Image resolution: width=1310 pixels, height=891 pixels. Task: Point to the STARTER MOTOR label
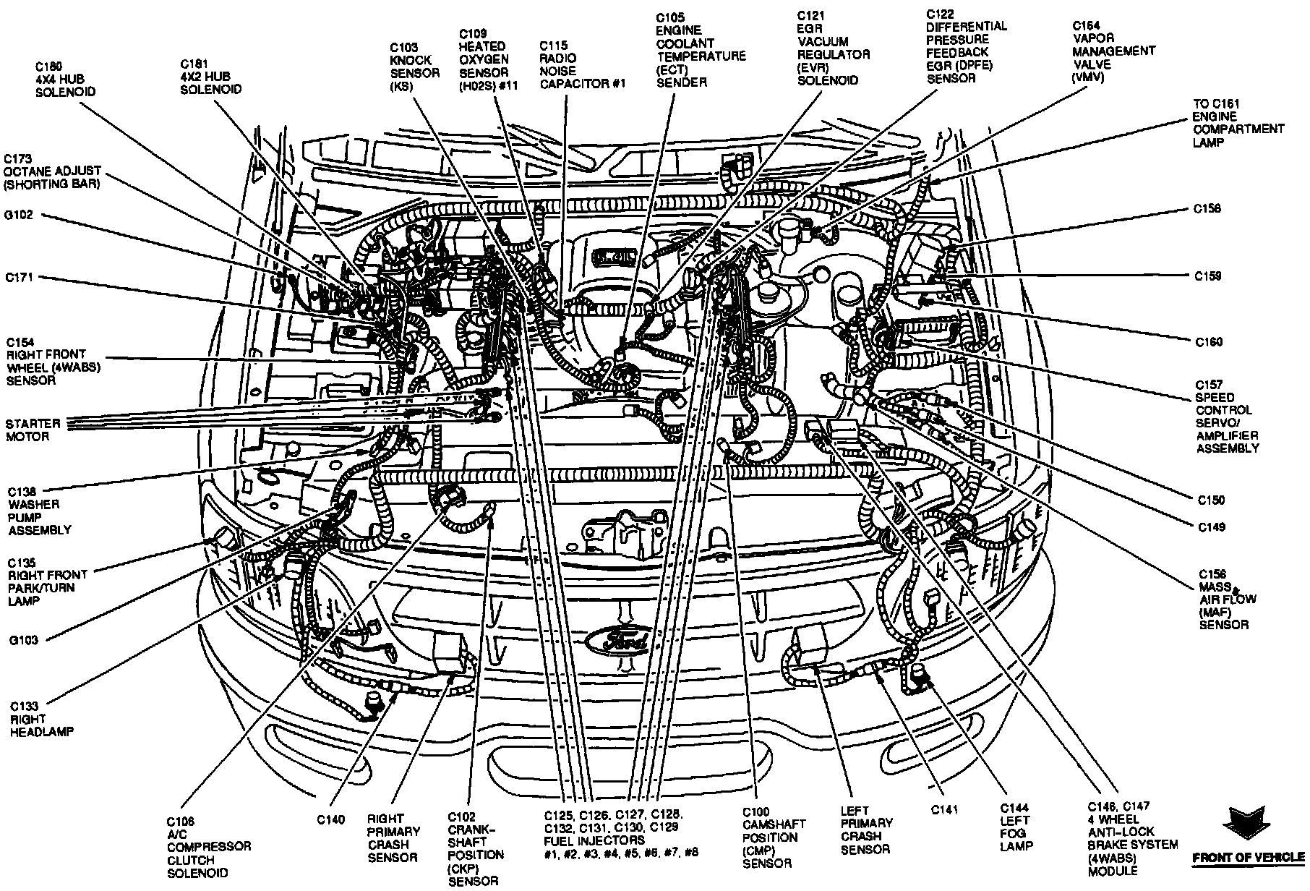27,430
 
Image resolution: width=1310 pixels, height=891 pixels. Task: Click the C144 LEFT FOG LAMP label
1016,827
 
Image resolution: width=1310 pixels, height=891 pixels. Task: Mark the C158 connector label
1207,209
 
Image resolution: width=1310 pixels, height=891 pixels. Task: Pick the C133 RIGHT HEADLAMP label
42,719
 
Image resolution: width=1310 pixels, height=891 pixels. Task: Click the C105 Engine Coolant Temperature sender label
701,48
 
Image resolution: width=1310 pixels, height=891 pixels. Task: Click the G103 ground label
24,640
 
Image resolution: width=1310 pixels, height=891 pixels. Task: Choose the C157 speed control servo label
1226,416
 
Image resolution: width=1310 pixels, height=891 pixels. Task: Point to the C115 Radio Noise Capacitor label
583,64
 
